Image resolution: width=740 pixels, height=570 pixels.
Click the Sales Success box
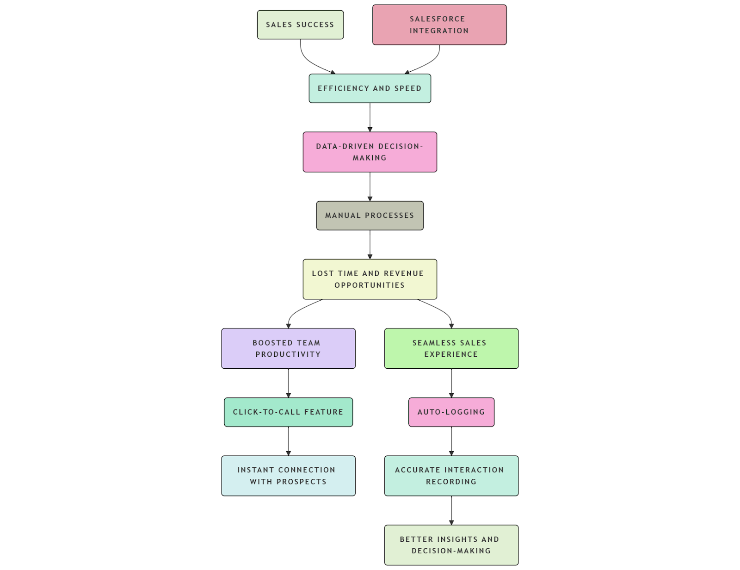pos(300,25)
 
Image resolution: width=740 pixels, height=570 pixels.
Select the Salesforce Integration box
pos(439,25)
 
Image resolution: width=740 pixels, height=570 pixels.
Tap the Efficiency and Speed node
pos(370,88)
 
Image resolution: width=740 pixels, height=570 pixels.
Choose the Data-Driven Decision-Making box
pos(370,152)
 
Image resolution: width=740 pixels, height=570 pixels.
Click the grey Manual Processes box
pos(370,216)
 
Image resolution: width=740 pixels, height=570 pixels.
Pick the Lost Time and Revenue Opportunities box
pos(370,279)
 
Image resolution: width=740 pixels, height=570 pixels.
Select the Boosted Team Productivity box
pos(288,348)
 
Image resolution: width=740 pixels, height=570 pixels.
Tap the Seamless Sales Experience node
pos(451,348)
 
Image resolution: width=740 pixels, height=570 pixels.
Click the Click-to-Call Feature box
pos(288,412)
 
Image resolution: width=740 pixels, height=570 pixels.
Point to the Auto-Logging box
pos(451,412)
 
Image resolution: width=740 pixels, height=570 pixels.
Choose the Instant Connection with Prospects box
pos(288,476)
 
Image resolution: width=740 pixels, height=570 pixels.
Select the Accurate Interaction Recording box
pos(451,476)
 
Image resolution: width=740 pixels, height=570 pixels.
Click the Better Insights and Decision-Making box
pos(451,545)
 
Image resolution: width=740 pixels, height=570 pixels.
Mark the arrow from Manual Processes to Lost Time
pos(370,244)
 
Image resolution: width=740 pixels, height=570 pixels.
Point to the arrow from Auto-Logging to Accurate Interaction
pos(451,441)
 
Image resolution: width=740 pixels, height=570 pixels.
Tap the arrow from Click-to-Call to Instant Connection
pos(289,441)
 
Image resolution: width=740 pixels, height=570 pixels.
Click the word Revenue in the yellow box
pos(404,273)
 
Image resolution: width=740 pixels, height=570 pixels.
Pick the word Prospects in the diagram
pos(302,482)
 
